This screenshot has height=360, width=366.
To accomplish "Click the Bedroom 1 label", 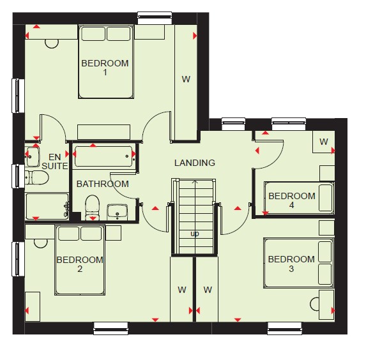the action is click(105, 68).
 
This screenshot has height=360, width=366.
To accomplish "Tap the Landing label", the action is click(195, 163).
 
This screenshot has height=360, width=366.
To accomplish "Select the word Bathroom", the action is click(103, 184).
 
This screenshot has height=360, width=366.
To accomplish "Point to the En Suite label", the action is click(55, 161).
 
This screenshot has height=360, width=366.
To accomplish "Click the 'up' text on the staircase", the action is click(195, 234).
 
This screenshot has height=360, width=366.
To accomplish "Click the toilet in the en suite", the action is click(36, 177).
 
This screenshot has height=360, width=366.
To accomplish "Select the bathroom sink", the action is click(117, 212).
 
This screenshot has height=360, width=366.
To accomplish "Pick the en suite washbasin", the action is click(32, 156).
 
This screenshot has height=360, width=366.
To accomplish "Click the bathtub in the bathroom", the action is click(104, 156).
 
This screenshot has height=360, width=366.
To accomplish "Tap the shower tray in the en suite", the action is click(47, 206).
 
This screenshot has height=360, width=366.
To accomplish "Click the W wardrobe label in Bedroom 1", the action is click(186, 79).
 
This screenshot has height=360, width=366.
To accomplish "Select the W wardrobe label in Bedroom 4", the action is click(324, 142).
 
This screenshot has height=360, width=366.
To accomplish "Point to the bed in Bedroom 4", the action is click(299, 198).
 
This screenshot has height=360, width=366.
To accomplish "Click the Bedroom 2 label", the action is click(80, 264).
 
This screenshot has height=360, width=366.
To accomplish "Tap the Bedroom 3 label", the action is click(291, 264).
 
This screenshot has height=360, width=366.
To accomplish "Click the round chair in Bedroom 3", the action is click(315, 304).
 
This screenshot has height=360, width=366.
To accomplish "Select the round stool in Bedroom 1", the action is click(52, 43).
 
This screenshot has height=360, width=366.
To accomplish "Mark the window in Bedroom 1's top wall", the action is click(155, 19).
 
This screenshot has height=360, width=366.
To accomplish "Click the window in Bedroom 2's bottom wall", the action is click(111, 328).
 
